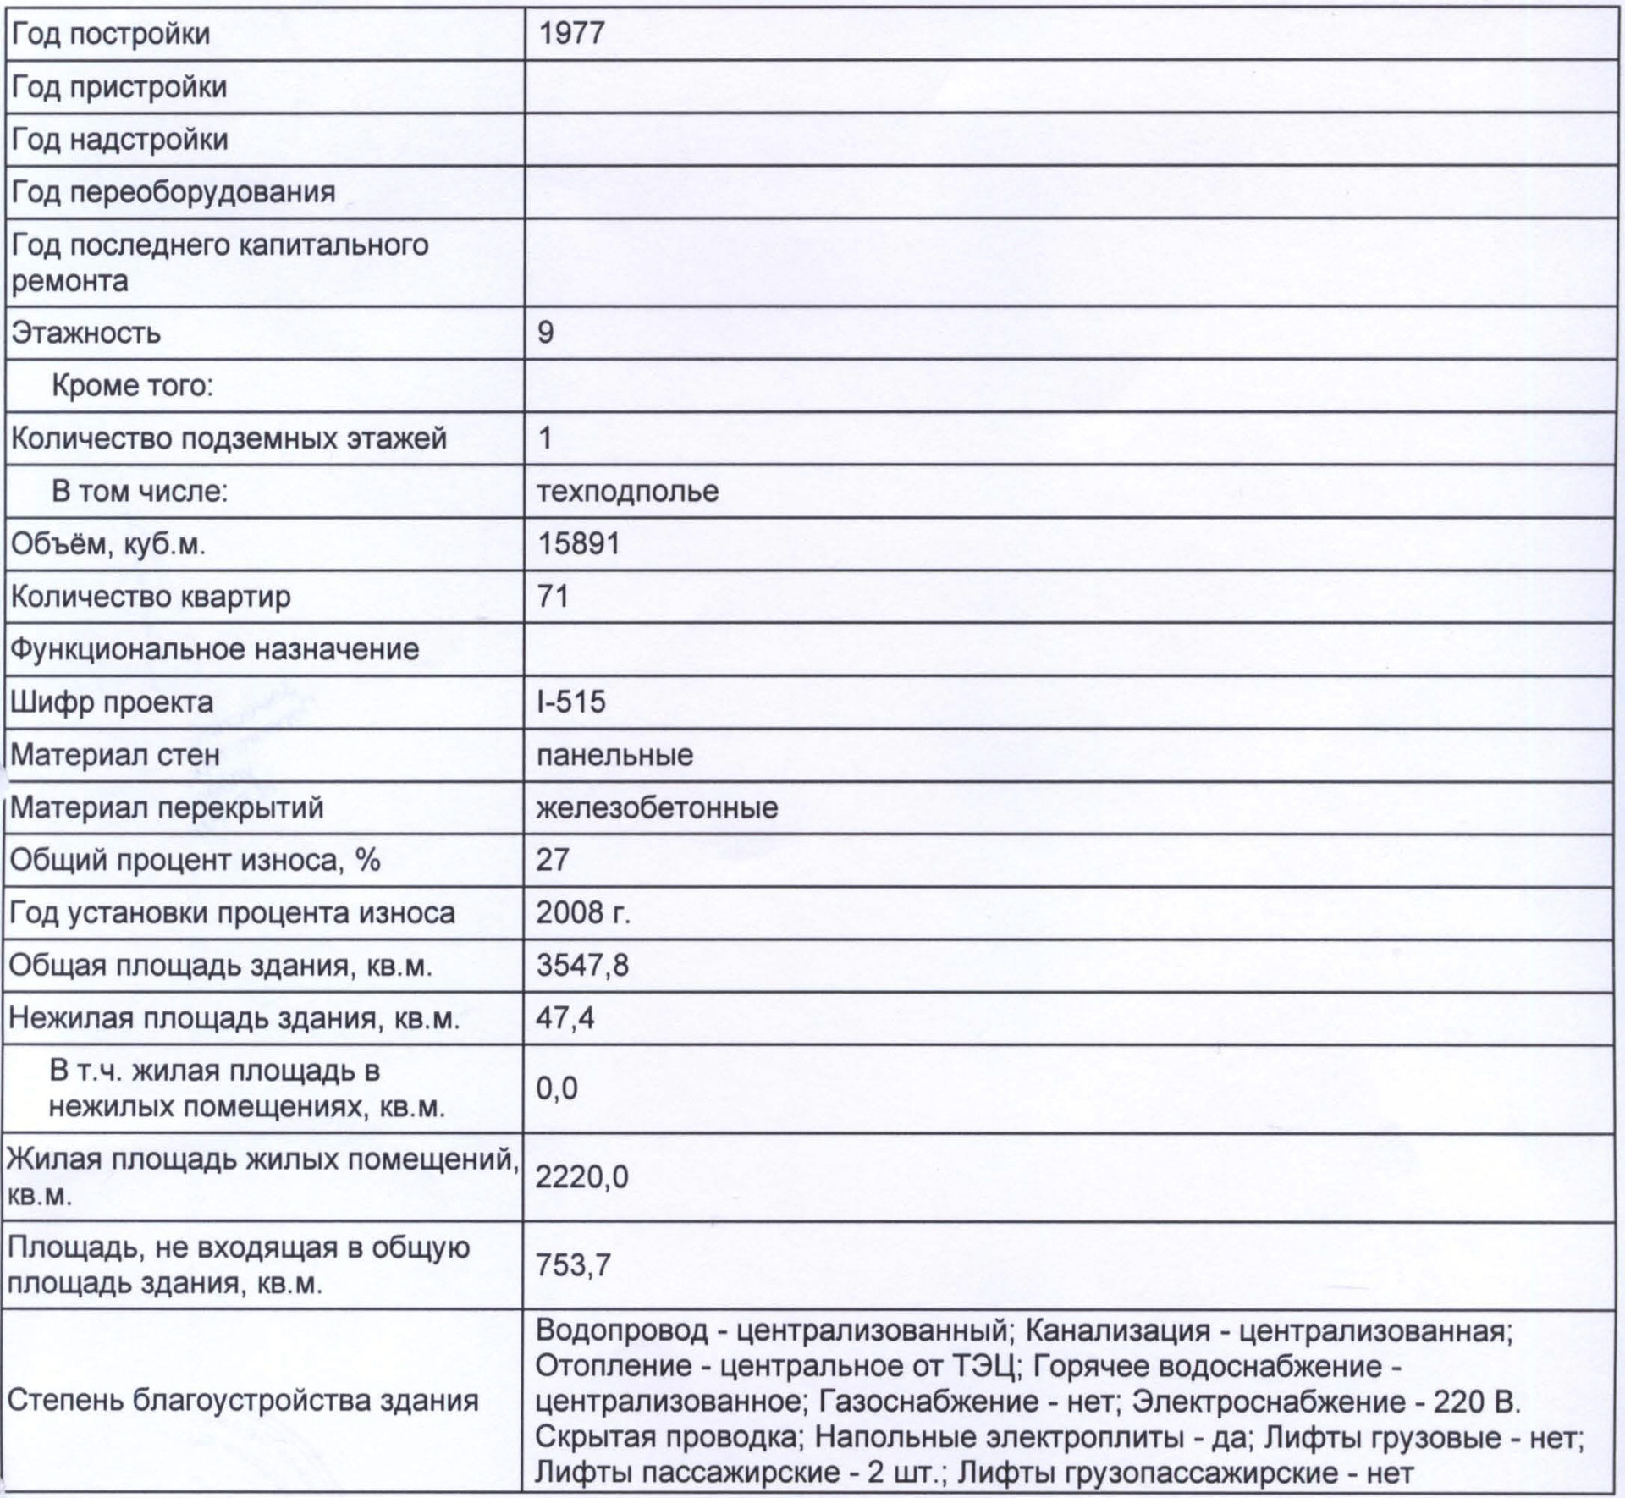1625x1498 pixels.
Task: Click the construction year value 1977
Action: [571, 34]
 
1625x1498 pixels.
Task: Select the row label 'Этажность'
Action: [85, 333]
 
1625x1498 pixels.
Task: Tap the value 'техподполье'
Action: [627, 491]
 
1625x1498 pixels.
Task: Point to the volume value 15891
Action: [579, 543]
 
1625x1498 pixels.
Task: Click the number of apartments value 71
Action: [553, 597]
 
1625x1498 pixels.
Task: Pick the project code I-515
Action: [571, 702]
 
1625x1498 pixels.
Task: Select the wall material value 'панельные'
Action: [614, 755]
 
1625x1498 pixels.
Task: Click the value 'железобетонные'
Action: [657, 807]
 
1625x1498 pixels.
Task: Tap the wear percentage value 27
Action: [553, 860]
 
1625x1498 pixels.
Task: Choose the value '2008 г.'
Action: [583, 912]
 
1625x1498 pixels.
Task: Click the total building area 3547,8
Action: [582, 965]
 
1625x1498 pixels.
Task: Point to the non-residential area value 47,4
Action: [565, 1017]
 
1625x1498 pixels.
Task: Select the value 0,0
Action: [557, 1088]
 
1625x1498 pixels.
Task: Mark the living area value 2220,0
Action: [582, 1177]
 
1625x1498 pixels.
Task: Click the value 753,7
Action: [573, 1265]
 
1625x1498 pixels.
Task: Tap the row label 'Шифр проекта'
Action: [112, 702]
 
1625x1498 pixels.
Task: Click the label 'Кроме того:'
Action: [132, 386]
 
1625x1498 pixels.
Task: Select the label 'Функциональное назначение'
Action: [214, 649]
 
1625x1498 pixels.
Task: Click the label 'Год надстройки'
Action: [119, 140]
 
